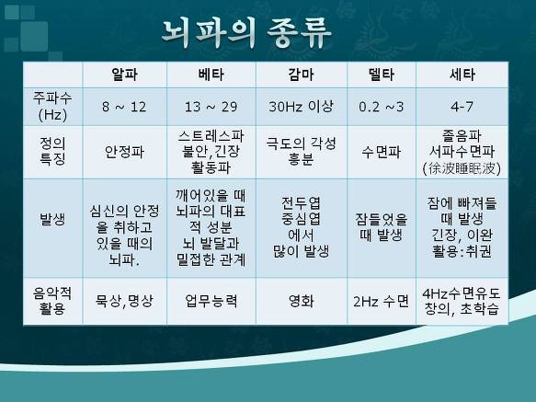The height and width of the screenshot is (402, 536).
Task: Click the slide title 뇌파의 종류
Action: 246,33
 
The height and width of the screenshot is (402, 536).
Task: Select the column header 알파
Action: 124,75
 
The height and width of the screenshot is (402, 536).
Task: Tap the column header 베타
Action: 211,75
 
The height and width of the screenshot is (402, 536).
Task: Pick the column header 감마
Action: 302,75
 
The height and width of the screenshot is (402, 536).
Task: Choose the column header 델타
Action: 382,75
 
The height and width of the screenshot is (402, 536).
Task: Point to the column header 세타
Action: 462,75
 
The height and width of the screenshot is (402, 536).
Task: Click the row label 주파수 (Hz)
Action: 52,107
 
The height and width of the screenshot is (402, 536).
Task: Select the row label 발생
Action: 52,219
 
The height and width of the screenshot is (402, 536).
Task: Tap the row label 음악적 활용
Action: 52,301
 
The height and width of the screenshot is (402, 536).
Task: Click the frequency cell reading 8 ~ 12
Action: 124,107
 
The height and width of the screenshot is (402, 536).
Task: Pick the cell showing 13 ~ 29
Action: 211,107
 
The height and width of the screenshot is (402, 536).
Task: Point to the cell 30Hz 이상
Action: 301,107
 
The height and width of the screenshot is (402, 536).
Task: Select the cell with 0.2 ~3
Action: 382,107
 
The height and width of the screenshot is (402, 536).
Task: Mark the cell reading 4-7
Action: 462,107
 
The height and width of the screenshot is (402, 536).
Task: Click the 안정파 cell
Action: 124,152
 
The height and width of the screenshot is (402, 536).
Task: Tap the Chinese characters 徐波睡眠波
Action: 462,168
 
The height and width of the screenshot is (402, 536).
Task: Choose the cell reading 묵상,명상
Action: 124,301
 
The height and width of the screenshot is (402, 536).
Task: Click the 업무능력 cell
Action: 211,301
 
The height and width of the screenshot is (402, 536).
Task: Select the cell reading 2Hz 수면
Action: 382,302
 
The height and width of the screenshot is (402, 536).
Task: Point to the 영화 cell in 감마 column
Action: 302,301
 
